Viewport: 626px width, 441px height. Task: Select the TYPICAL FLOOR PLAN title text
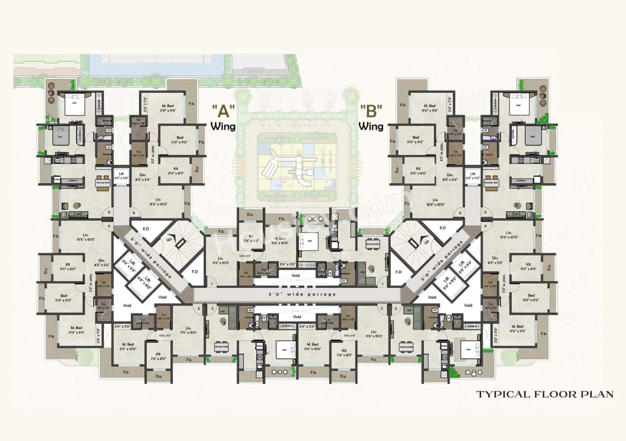tap(544, 394)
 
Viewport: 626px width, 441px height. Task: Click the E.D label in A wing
tap(146, 228)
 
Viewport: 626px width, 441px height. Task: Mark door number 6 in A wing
tap(133, 213)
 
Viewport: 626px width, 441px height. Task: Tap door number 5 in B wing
tap(485, 212)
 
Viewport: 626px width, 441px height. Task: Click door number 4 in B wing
tap(485, 226)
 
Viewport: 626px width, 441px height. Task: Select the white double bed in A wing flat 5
tap(74, 106)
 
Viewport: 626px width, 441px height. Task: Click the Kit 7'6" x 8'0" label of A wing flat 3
tap(158, 355)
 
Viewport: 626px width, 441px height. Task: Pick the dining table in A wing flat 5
tap(103, 182)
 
